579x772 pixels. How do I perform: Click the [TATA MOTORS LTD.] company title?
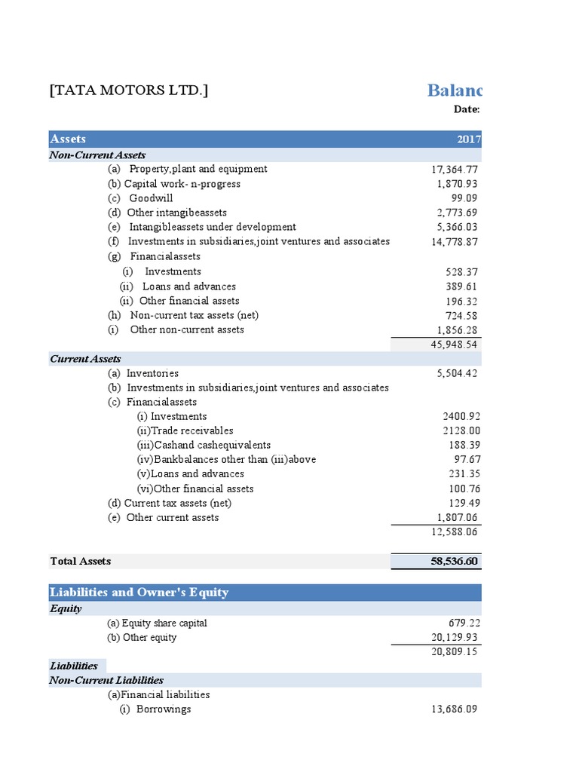[x=129, y=90]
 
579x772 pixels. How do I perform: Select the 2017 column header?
[x=468, y=139]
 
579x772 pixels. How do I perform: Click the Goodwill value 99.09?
[x=461, y=198]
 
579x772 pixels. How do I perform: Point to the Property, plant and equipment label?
[x=198, y=169]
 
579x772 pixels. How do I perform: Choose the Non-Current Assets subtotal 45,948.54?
[x=449, y=345]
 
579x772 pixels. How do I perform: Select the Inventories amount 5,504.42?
[x=452, y=373]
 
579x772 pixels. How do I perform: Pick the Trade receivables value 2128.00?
[x=461, y=430]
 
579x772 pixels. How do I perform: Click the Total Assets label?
[x=81, y=561]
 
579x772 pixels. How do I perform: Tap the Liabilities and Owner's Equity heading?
[x=139, y=593]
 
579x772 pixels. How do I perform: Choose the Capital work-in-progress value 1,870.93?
[x=457, y=184]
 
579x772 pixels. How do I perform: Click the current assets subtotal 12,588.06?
[x=449, y=532]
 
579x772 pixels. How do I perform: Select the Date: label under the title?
[x=467, y=110]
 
